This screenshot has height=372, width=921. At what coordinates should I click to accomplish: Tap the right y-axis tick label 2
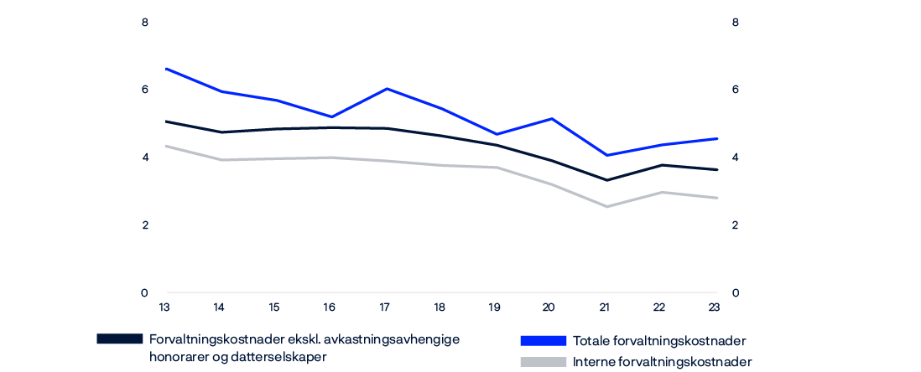tap(736, 225)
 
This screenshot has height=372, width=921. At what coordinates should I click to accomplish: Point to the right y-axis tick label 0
tap(736, 293)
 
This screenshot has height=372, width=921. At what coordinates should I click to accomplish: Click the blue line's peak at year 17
tap(385, 88)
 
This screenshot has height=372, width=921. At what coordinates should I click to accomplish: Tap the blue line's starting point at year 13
tap(165, 68)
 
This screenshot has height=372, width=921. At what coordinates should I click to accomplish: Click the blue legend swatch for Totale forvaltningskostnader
tap(543, 340)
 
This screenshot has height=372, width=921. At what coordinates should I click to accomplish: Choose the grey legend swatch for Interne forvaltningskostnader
tap(543, 362)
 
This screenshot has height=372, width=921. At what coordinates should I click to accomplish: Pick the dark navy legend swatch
tap(120, 339)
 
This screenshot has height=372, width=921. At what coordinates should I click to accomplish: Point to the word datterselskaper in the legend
tap(284, 357)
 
